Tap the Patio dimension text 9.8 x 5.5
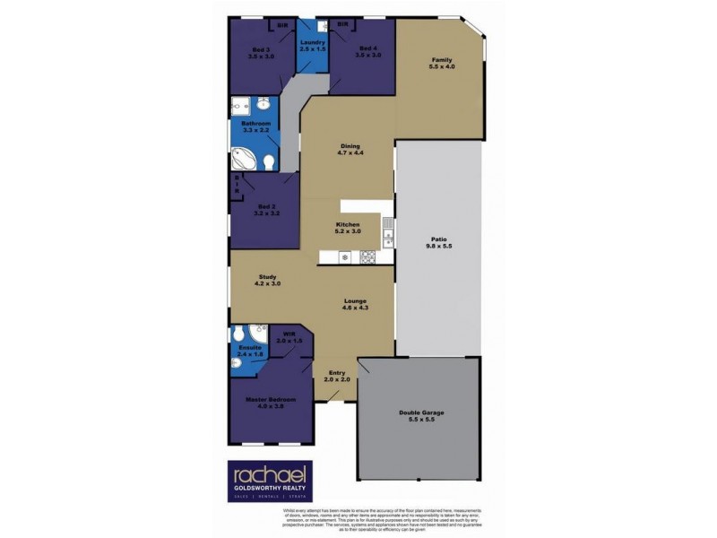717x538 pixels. (437, 247)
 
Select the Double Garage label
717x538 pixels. (421, 412)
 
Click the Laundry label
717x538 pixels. (312, 42)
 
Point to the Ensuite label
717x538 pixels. (249, 347)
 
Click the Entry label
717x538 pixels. (337, 372)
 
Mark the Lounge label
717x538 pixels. (355, 301)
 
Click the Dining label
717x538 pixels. (350, 146)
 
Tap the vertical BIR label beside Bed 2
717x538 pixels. (238, 185)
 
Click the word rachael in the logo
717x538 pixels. (268, 474)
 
